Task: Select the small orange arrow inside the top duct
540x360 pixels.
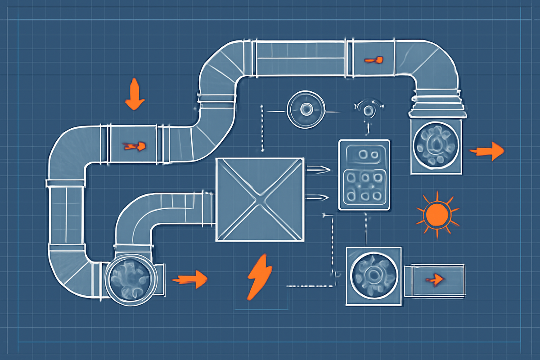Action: click(373, 59)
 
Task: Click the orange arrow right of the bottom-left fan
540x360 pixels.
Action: click(190, 279)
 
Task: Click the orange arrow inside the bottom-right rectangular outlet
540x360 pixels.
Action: click(434, 280)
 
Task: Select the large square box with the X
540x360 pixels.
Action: click(259, 199)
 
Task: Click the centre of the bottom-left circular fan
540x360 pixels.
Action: click(130, 280)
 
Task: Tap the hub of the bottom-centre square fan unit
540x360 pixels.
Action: click(373, 274)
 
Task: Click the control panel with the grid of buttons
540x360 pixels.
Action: click(364, 175)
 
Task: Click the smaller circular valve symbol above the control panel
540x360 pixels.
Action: click(369, 109)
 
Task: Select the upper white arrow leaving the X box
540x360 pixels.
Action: click(318, 170)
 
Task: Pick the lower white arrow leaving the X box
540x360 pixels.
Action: click(318, 196)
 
